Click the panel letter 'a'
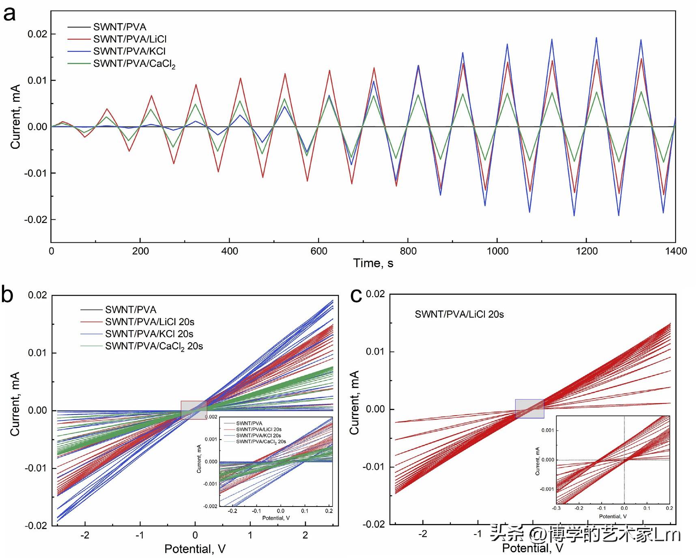click(x=9, y=14)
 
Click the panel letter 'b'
click(x=7, y=295)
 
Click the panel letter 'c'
click(x=356, y=296)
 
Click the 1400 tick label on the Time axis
click(x=675, y=251)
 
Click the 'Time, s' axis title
click(x=373, y=263)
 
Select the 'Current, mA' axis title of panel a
click(x=15, y=117)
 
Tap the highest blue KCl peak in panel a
click(x=596, y=38)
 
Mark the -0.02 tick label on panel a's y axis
click(x=36, y=219)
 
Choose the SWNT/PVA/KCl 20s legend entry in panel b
click(x=149, y=334)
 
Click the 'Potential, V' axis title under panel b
click(x=195, y=549)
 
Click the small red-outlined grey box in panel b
click(x=194, y=410)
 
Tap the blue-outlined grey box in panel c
click(x=529, y=408)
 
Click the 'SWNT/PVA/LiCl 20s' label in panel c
click(x=459, y=314)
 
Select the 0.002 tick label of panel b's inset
click(x=211, y=417)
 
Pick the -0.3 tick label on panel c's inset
click(x=557, y=508)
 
